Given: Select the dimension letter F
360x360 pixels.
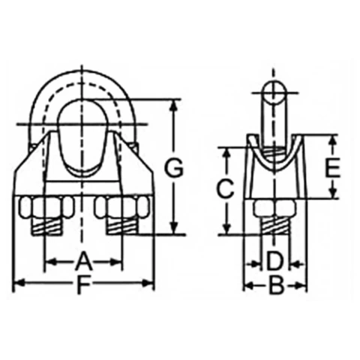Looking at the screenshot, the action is coord(82,283).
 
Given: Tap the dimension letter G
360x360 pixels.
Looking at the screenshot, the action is coord(173,169).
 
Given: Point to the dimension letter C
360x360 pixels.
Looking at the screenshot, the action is coord(225,189).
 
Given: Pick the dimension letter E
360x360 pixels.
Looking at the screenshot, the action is coord(332,168).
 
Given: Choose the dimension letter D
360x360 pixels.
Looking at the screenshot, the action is coord(274,262).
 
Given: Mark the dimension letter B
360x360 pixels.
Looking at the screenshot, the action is coord(277,285).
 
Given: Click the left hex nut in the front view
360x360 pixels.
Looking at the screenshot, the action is coord(46,207).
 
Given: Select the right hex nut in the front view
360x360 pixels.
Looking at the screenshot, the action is coord(122,207).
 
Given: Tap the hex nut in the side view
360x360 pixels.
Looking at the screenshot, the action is coord(274,208).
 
